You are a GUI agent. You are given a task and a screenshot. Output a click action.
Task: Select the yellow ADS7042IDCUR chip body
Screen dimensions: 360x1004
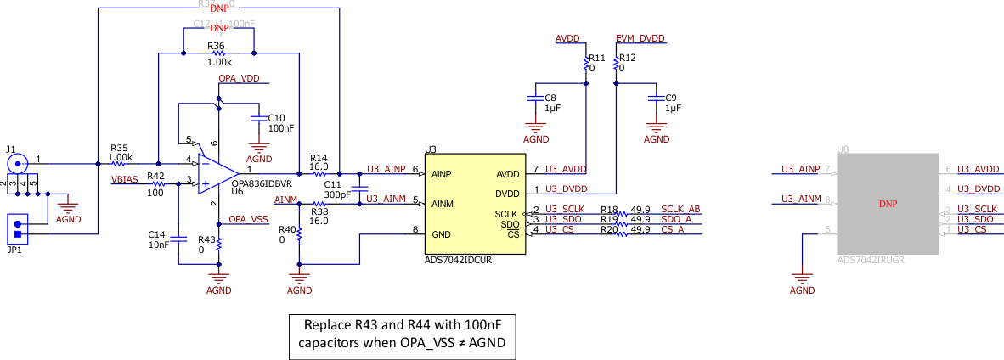476,204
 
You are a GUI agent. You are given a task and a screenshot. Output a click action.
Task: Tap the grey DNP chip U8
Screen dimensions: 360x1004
887,204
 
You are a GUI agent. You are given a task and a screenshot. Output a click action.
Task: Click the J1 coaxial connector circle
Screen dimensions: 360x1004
16,161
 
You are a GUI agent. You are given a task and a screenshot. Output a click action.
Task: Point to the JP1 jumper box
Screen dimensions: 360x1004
16,228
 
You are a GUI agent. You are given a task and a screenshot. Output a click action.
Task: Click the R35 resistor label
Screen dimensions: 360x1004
119,148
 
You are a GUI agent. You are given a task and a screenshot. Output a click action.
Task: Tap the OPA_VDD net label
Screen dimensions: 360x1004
239,78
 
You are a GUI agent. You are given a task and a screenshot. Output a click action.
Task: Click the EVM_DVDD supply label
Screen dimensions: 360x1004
640,39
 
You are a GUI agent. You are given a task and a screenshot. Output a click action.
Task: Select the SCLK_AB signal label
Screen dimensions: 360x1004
680,209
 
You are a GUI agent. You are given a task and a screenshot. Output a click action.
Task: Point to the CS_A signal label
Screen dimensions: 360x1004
673,229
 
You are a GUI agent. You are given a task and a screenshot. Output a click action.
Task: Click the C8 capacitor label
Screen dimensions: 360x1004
550,98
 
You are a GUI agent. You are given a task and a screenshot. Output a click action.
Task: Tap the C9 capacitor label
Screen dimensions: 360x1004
671,98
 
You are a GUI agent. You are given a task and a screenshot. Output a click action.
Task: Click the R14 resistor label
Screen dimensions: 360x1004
319,158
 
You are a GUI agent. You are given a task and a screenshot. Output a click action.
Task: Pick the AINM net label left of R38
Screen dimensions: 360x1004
285,200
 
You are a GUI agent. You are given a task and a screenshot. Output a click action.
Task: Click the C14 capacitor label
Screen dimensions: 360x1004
156,233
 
